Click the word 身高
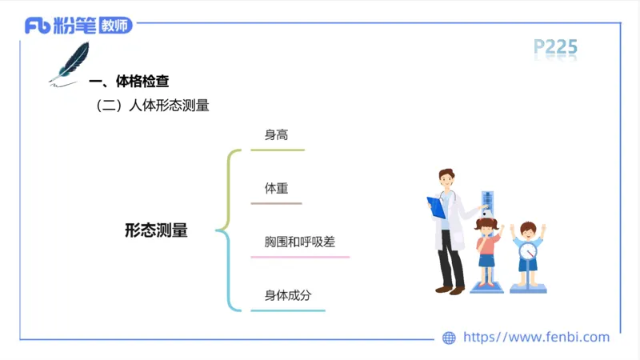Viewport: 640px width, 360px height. [x=276, y=135]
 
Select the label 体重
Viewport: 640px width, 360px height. [x=276, y=190]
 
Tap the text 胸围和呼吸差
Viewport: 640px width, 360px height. [x=299, y=242]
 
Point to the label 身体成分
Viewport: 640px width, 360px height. [x=288, y=296]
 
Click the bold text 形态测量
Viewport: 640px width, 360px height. [x=156, y=230]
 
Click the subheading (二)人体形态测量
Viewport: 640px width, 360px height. [x=152, y=106]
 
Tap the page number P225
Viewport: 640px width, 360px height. [x=555, y=48]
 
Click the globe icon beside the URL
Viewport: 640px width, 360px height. [x=449, y=338]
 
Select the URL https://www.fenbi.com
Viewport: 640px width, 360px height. [x=536, y=338]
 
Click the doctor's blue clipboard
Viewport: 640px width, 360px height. [x=437, y=207]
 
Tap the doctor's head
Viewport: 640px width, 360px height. [x=446, y=180]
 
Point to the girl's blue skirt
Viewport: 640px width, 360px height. [x=486, y=259]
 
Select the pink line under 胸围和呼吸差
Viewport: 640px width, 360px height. [x=300, y=257]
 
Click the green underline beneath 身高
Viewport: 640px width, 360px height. [x=278, y=150]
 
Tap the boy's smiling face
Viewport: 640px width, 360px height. [x=527, y=233]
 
